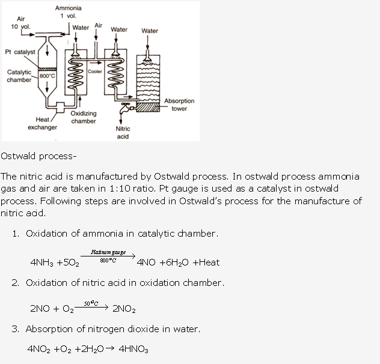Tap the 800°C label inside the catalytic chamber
47,76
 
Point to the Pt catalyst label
20,52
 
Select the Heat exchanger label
42,123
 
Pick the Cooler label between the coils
95,71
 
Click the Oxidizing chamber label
84,117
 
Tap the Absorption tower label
179,105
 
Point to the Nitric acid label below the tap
123,132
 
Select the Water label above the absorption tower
150,31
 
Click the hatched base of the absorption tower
148,107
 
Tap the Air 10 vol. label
20,23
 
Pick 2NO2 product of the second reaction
124,309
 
